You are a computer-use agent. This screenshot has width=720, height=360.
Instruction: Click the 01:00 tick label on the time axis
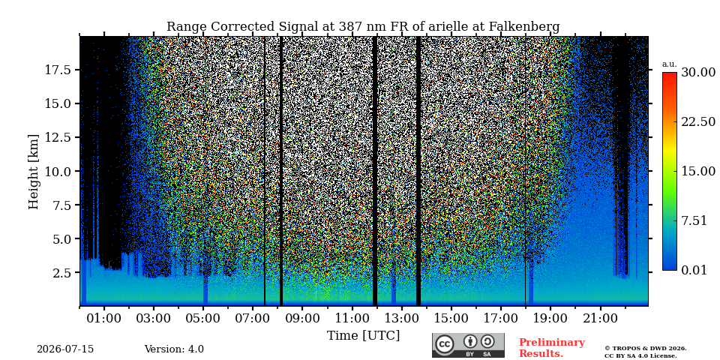[x=104, y=318]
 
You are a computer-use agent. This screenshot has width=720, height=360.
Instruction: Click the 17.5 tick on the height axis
[x=58, y=70]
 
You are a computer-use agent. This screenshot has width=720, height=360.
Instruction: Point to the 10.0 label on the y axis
[x=58, y=171]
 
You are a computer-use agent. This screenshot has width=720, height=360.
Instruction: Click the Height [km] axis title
[x=34, y=171]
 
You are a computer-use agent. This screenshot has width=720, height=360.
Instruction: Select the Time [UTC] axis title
[x=363, y=336]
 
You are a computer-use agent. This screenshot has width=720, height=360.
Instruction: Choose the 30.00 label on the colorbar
[x=698, y=73]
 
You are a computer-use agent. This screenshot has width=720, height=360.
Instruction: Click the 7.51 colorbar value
[x=694, y=220]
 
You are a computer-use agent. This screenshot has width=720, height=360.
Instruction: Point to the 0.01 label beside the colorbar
[x=694, y=270]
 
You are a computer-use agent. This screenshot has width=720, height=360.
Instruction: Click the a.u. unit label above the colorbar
[x=670, y=64]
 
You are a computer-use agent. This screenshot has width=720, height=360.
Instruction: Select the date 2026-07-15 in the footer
[x=65, y=349]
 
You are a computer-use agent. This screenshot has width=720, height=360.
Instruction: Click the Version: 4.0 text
[x=174, y=349]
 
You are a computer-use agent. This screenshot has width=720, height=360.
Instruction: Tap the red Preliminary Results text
[x=552, y=348]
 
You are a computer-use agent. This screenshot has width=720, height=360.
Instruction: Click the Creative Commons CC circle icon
[x=445, y=344]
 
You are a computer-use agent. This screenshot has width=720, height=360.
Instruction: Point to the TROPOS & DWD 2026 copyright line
[x=645, y=349]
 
